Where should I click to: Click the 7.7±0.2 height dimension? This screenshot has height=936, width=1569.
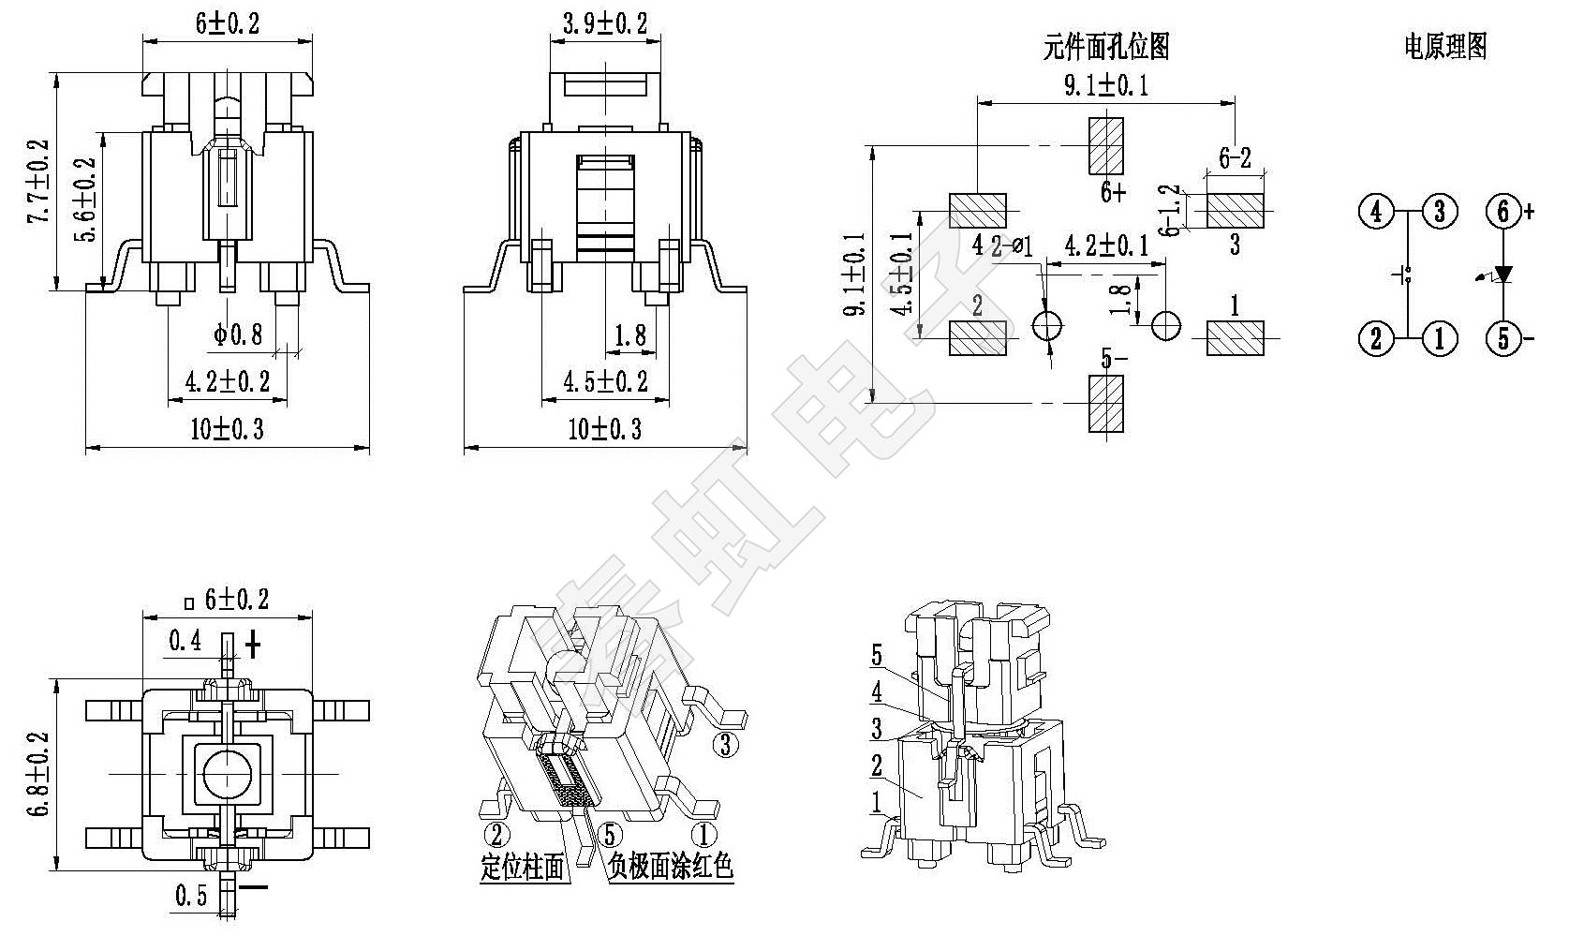click(x=38, y=183)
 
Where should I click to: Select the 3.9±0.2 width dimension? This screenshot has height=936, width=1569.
click(x=604, y=23)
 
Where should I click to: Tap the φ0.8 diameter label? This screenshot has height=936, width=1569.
click(x=238, y=333)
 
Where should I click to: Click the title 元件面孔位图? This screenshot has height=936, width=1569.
click(x=1106, y=46)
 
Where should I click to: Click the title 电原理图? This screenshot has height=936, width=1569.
click(x=1445, y=46)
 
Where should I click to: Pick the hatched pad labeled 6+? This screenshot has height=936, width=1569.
click(x=1106, y=145)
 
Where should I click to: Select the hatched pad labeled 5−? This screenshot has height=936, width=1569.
click(x=1106, y=404)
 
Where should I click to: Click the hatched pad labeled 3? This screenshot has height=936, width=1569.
click(x=1235, y=211)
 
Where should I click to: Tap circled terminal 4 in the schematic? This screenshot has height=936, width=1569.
click(x=1375, y=212)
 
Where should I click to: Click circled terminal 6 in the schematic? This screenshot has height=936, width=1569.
click(x=1503, y=212)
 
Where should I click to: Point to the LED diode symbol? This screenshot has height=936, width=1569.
click(x=1503, y=275)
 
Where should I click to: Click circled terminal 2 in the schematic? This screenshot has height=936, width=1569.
click(x=1375, y=337)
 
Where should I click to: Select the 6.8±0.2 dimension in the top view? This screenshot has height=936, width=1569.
click(x=38, y=773)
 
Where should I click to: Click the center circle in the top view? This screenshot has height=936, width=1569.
click(x=226, y=774)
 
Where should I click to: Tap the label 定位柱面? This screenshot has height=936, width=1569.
click(x=524, y=868)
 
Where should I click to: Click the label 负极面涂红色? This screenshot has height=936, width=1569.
click(x=671, y=868)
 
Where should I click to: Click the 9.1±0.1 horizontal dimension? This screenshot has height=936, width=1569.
click(x=1106, y=86)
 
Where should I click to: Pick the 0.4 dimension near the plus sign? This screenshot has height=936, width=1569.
click(x=185, y=641)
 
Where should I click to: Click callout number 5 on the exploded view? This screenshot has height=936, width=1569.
click(x=877, y=655)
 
